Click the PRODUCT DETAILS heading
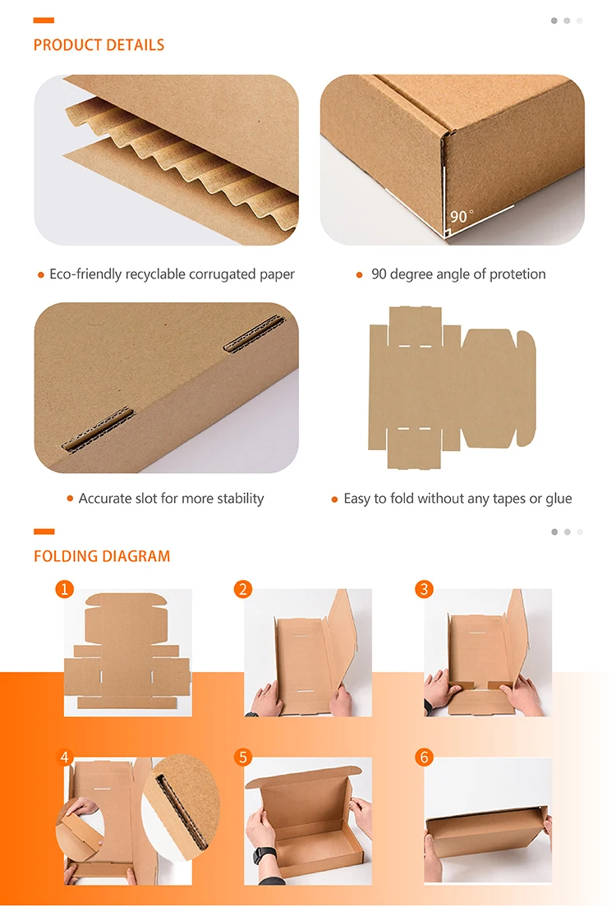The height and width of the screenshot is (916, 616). (x=99, y=45)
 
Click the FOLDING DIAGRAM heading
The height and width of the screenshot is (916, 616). (x=102, y=556)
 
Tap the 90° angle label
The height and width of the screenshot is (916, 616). (x=462, y=216)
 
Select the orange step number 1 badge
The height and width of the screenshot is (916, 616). (x=64, y=589)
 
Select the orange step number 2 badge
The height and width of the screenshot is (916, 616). (x=242, y=589)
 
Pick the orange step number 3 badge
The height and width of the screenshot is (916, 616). (x=424, y=589)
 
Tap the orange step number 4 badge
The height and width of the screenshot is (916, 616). (x=64, y=757)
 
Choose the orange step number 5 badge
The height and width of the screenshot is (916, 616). (x=242, y=757)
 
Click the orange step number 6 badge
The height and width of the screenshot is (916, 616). (x=424, y=757)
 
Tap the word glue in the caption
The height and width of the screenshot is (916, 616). (x=558, y=499)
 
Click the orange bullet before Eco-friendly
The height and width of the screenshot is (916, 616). (x=40, y=275)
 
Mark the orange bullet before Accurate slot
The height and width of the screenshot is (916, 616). (x=70, y=499)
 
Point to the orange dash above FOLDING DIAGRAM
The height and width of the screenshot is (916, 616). (x=44, y=532)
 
